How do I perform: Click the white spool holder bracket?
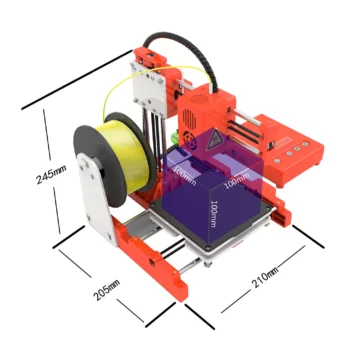(96, 205)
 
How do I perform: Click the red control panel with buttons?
(289, 150)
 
